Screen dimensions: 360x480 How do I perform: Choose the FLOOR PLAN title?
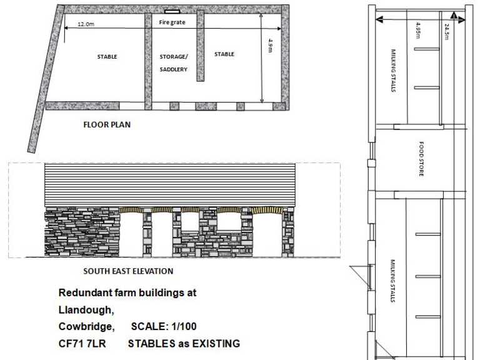pyautogui.click(x=107, y=124)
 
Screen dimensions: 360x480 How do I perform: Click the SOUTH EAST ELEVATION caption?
pyautogui.click(x=128, y=271)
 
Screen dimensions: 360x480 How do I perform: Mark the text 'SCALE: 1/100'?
pyautogui.click(x=159, y=327)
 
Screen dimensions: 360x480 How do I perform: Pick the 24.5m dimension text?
pyautogui.click(x=446, y=31)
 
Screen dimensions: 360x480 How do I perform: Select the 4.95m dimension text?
pyautogui.click(x=417, y=30)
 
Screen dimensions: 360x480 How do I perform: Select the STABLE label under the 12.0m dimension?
pyautogui.click(x=107, y=57)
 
